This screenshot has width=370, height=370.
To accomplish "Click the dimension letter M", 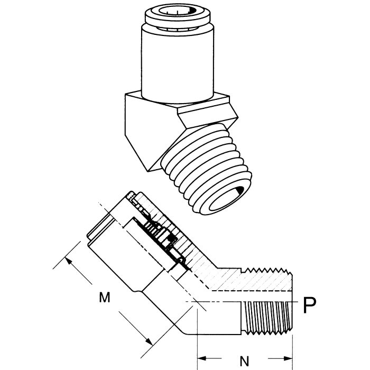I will (x=105, y=298).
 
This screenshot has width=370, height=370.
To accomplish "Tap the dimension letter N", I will (x=244, y=362).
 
